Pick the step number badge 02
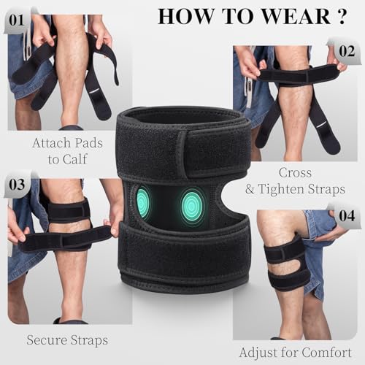click(346, 51)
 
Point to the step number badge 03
click(18, 185)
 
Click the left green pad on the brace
click(143, 202)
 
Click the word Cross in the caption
click(295, 173)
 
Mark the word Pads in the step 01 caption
click(89, 142)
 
